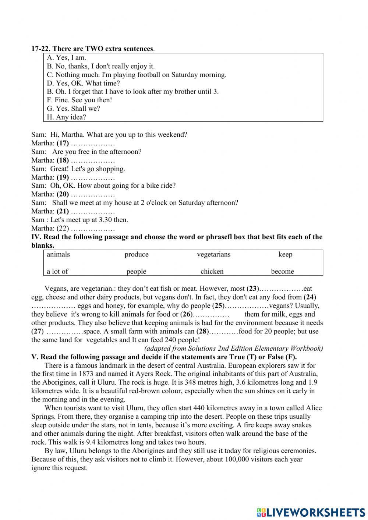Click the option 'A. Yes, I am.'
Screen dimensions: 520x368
(66, 58)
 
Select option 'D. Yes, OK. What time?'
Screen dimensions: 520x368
(83, 83)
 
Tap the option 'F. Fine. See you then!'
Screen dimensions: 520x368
(79, 100)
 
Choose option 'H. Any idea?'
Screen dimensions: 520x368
(66, 117)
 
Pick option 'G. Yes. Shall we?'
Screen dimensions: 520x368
(73, 109)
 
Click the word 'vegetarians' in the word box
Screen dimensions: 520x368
(213, 255)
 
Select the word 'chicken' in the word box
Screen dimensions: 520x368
(212, 272)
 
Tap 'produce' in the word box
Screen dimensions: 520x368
(137, 255)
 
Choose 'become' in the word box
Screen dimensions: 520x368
(282, 272)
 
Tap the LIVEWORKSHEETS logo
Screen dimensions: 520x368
(311, 512)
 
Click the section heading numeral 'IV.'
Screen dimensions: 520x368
(36, 237)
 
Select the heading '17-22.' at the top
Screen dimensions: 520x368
(41, 49)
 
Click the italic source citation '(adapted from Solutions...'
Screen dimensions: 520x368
(234, 349)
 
